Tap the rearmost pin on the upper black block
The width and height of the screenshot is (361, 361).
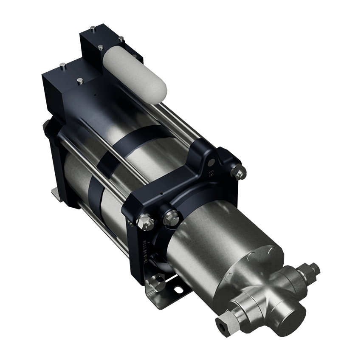pos(92,28)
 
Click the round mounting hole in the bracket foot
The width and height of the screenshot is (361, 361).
pos(178,290)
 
